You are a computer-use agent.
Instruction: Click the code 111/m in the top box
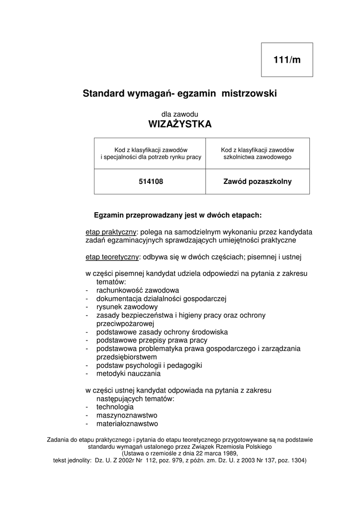pos(287,60)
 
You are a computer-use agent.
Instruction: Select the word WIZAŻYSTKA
pos(180,124)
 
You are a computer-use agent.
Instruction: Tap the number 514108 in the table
pos(151,182)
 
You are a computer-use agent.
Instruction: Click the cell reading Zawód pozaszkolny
pos(258,182)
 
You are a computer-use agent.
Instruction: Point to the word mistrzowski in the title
pos(249,93)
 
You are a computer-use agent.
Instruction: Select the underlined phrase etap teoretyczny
pos(112,257)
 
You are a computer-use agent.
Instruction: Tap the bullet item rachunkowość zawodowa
pos(138,290)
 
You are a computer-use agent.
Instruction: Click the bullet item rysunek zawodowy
pos(127,307)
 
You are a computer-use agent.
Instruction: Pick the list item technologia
pos(115,407)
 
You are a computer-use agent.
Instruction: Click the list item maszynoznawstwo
pos(127,416)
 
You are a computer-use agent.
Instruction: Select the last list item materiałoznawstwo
pos(127,424)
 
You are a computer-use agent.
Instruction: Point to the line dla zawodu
pos(180,114)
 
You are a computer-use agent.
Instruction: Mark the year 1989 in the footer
pos(229,453)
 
